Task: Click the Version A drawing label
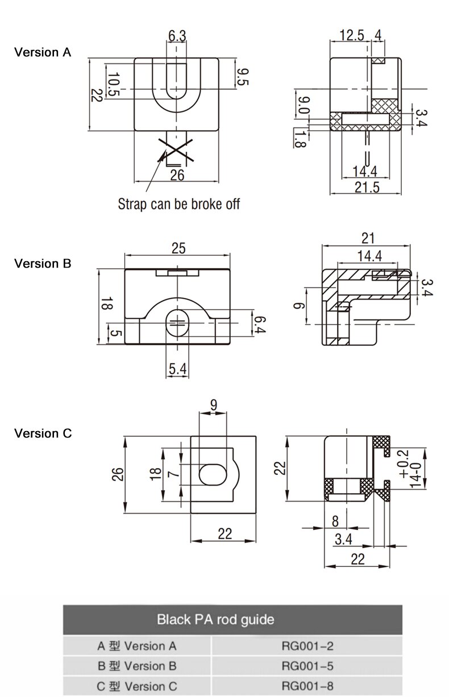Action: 43,52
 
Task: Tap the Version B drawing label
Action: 43,264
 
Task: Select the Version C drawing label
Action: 43,433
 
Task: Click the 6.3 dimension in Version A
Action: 177,36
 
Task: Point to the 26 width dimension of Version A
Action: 177,175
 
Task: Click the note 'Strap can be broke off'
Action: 178,203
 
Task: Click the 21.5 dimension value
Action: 367,187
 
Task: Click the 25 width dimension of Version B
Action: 178,248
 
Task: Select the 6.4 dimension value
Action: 259,324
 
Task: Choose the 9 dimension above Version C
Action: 213,405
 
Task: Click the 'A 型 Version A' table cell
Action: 136,646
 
